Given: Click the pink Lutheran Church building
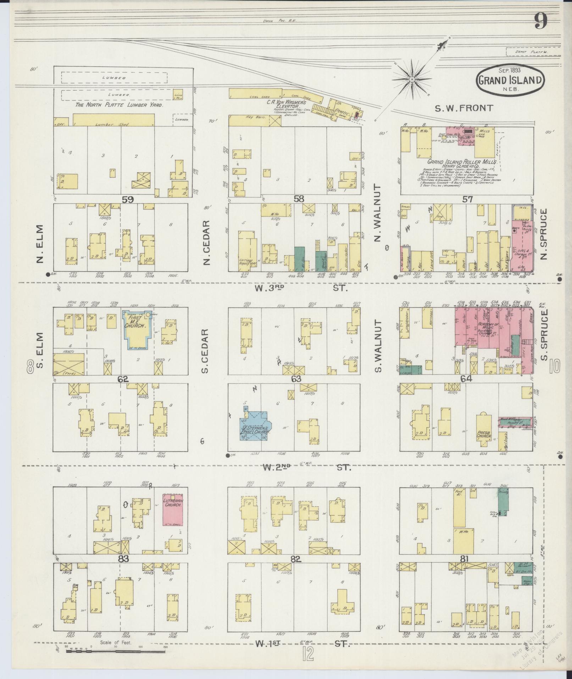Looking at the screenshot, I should [173, 509].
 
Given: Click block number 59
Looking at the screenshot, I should [127, 199].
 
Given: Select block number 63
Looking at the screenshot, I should [296, 379].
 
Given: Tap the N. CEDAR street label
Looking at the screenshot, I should [207, 242].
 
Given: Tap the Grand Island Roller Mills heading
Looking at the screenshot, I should [461, 161].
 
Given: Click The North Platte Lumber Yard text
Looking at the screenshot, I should [118, 105].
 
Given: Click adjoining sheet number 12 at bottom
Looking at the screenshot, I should [308, 654].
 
